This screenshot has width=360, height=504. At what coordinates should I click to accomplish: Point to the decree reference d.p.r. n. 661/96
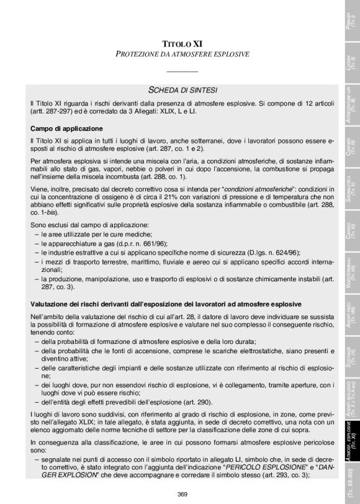137,245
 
